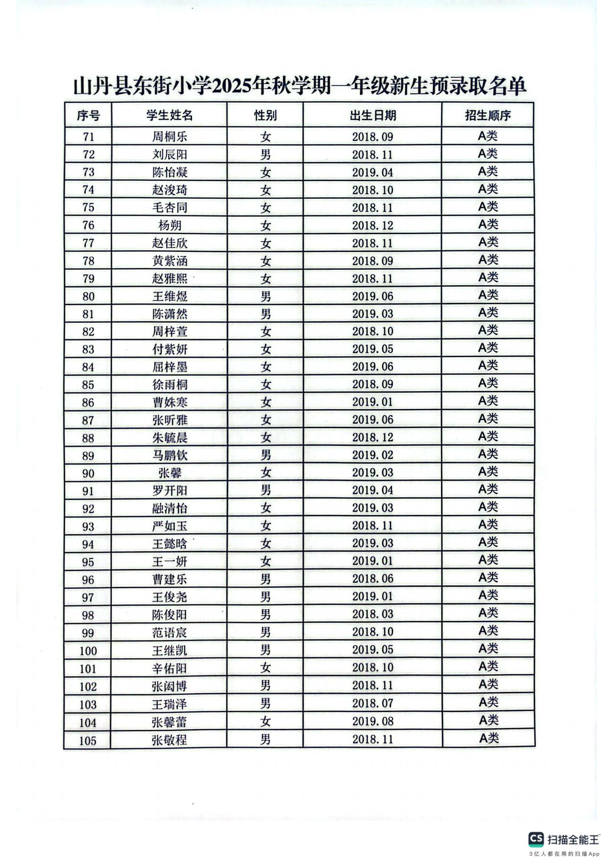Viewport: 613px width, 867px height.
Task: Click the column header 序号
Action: (88, 115)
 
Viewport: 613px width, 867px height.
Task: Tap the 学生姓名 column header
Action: (169, 115)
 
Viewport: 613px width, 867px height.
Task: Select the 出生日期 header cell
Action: (372, 115)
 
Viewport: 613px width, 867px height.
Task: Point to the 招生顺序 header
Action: (488, 115)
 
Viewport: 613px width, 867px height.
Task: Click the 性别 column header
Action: (265, 115)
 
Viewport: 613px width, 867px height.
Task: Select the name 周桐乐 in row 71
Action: (170, 136)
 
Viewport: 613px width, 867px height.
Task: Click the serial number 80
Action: (88, 296)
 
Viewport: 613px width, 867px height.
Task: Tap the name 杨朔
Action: (170, 225)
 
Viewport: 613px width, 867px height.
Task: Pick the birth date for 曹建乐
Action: (373, 579)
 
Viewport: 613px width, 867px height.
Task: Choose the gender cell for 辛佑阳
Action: (265, 668)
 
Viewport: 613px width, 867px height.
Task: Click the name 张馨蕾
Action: (169, 722)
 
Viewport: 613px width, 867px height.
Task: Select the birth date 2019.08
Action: (373, 721)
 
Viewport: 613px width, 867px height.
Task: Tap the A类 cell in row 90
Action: (488, 472)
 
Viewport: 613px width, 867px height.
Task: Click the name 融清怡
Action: (170, 508)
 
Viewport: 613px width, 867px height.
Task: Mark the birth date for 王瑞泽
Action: (373, 704)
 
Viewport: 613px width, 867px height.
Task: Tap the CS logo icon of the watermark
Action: (536, 839)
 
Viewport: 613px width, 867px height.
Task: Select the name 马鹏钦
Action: (170, 455)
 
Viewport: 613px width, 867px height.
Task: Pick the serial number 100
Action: (88, 651)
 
